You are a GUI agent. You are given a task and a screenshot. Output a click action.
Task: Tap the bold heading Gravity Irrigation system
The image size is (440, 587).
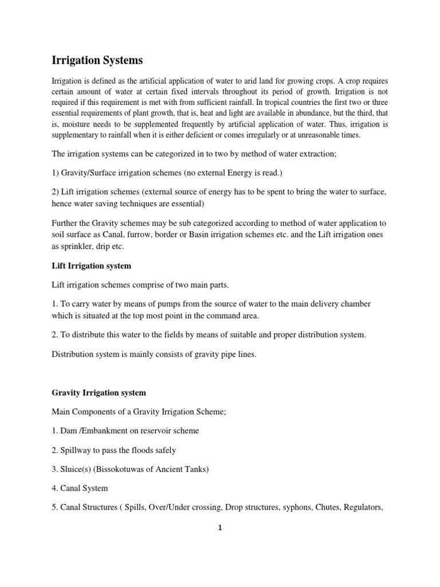click(99, 393)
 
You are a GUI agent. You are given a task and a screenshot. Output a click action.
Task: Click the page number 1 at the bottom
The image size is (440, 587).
click(219, 529)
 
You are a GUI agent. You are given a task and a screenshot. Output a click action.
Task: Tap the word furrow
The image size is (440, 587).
click(163, 234)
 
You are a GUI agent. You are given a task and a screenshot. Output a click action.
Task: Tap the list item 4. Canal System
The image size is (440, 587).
click(80, 488)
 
